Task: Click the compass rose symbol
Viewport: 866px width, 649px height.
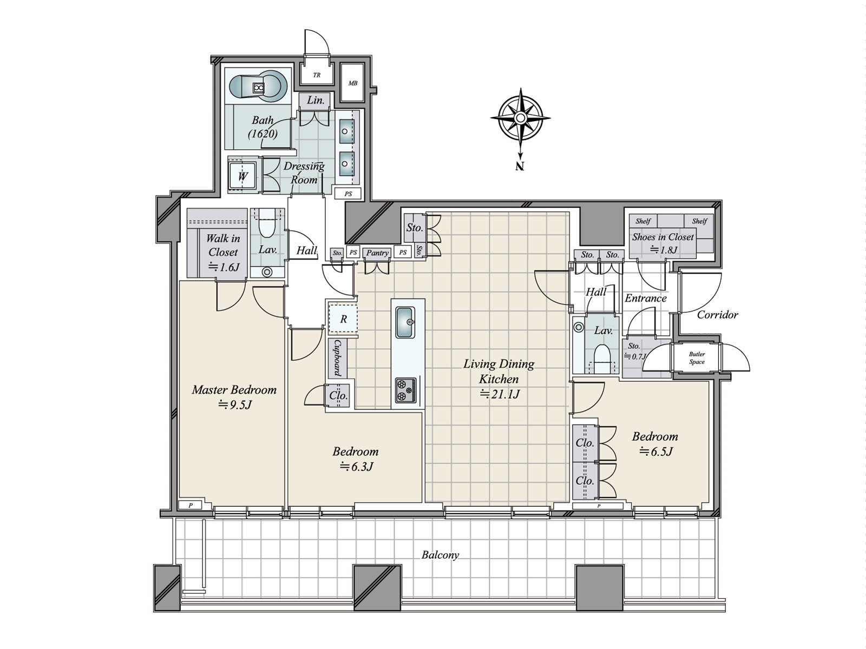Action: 520,118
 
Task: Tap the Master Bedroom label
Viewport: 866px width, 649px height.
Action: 234,390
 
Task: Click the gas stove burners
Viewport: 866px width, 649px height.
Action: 405,390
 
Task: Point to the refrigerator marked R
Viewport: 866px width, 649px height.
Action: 343,319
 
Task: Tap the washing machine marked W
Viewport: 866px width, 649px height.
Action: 242,176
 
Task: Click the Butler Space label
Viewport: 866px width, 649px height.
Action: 697,358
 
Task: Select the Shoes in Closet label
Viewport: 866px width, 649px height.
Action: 663,237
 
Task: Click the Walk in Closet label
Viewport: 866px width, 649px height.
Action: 223,245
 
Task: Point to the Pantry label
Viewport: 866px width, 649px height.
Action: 377,253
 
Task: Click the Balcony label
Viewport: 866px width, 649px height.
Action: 440,555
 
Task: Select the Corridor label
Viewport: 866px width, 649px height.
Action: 717,315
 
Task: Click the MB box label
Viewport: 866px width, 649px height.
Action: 353,83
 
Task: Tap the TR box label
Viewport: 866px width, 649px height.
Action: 317,75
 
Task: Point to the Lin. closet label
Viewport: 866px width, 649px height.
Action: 316,100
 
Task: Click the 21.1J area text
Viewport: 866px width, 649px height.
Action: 500,394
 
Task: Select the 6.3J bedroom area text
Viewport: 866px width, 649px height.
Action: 356,467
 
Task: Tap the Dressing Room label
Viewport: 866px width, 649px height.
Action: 304,173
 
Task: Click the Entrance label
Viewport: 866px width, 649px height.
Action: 646,299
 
